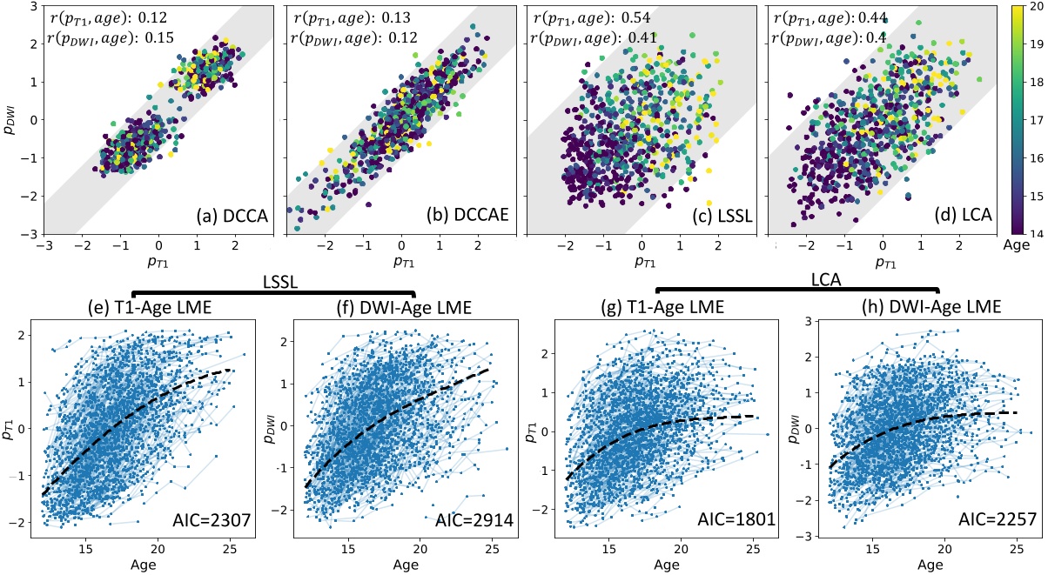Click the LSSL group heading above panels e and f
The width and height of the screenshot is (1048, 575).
pos(274,282)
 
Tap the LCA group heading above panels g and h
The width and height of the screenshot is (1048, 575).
pos(796,282)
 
